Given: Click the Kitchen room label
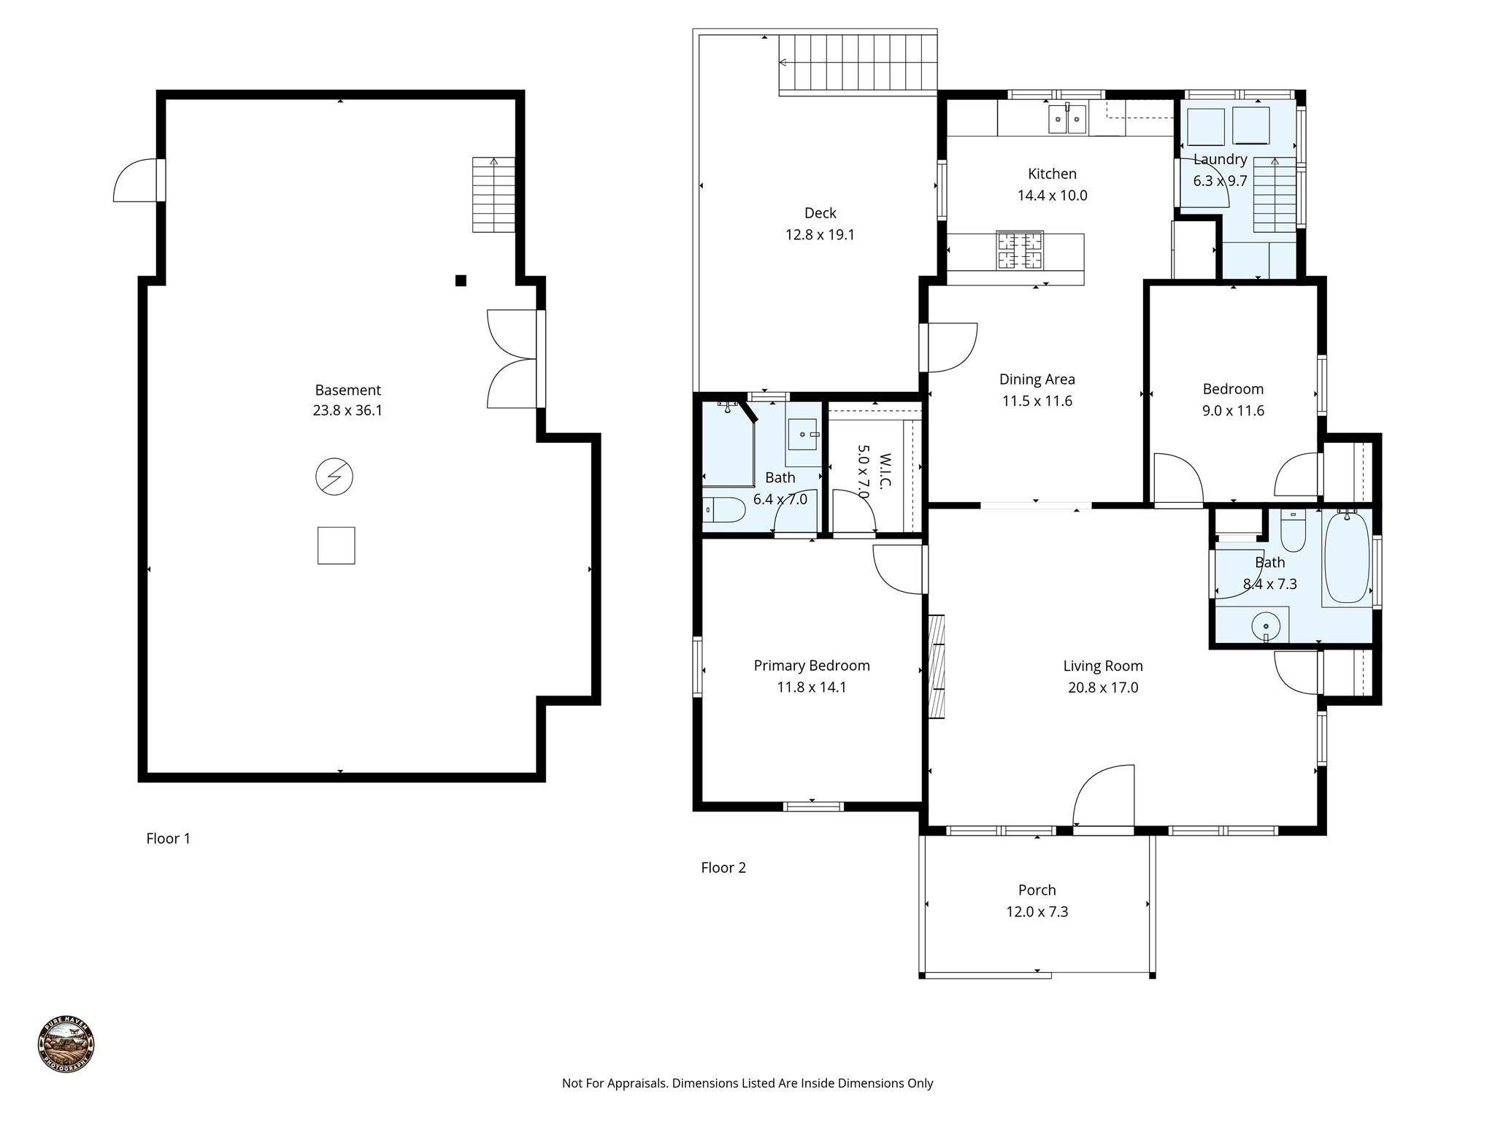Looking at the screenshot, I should point(1052,174).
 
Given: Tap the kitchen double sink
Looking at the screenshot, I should point(1068,119).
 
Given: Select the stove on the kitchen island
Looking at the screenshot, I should point(1021,250).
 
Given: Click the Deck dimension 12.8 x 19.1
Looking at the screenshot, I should point(820,235).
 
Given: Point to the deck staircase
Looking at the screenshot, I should point(858,63).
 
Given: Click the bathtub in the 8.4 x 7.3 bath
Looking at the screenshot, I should point(1347,558).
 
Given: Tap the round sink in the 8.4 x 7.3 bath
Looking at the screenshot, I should point(1267,626).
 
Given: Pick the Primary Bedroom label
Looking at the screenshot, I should point(811,666).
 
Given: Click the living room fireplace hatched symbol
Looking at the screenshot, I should point(936,667).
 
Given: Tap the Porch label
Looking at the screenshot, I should point(1037,890).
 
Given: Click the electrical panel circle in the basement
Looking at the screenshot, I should point(334,477).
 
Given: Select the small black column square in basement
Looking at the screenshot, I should point(461,280).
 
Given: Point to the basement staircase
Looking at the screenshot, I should point(493,195).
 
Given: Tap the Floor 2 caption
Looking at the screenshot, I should point(723,868).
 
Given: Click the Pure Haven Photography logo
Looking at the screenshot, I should point(66,1044).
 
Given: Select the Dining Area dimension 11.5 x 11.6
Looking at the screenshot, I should point(1037,401).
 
